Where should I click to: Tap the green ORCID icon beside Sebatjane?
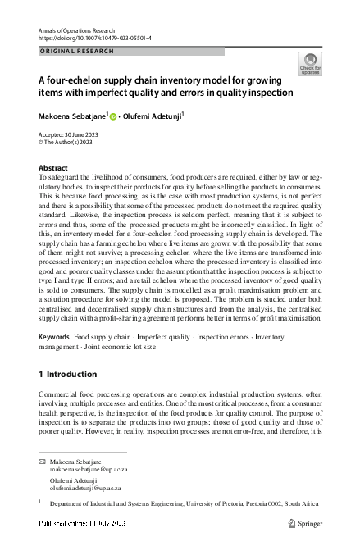point(112,116)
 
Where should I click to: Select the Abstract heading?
point(54,166)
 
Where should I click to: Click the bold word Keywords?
point(54,338)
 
